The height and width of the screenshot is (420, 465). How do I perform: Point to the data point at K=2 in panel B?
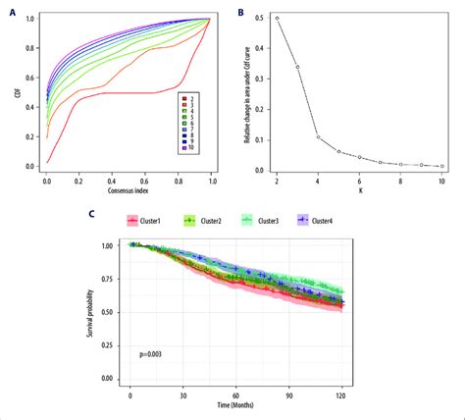tap(277, 18)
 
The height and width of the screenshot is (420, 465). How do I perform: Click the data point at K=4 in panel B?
tap(319, 136)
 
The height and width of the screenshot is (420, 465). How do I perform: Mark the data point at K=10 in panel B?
tap(442, 166)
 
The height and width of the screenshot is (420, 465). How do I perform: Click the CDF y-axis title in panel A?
tap(13, 93)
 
